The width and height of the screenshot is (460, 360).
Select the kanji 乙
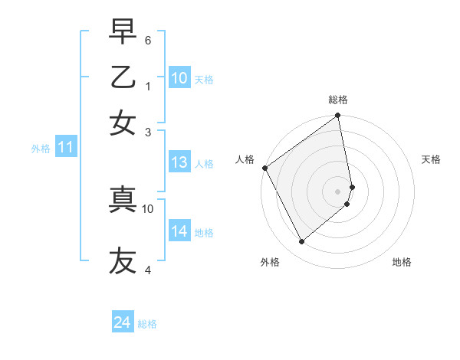pos(123,78)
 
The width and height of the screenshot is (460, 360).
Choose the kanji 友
pos(123,260)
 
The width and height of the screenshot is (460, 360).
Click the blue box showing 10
pos(179,78)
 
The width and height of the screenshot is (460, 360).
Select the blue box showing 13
pos(179,162)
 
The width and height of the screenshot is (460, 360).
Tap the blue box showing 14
pos(179,231)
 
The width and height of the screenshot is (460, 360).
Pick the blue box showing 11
pos(65,148)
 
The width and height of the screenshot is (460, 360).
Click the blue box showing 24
pos(123,322)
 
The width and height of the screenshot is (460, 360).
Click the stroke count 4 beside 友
pos(148,270)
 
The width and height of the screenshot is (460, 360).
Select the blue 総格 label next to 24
pos(148,324)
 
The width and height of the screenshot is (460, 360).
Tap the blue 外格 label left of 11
pos(41,149)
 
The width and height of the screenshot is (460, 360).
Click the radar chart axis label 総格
pos(338,100)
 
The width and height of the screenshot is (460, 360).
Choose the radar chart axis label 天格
pos(431,159)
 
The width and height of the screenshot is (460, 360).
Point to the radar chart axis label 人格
pos(245,159)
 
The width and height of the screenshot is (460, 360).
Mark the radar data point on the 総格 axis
pos(338,116)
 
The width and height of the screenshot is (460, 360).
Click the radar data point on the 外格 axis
pos(302,241)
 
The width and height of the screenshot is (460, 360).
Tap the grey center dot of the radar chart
pos(338,191)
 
